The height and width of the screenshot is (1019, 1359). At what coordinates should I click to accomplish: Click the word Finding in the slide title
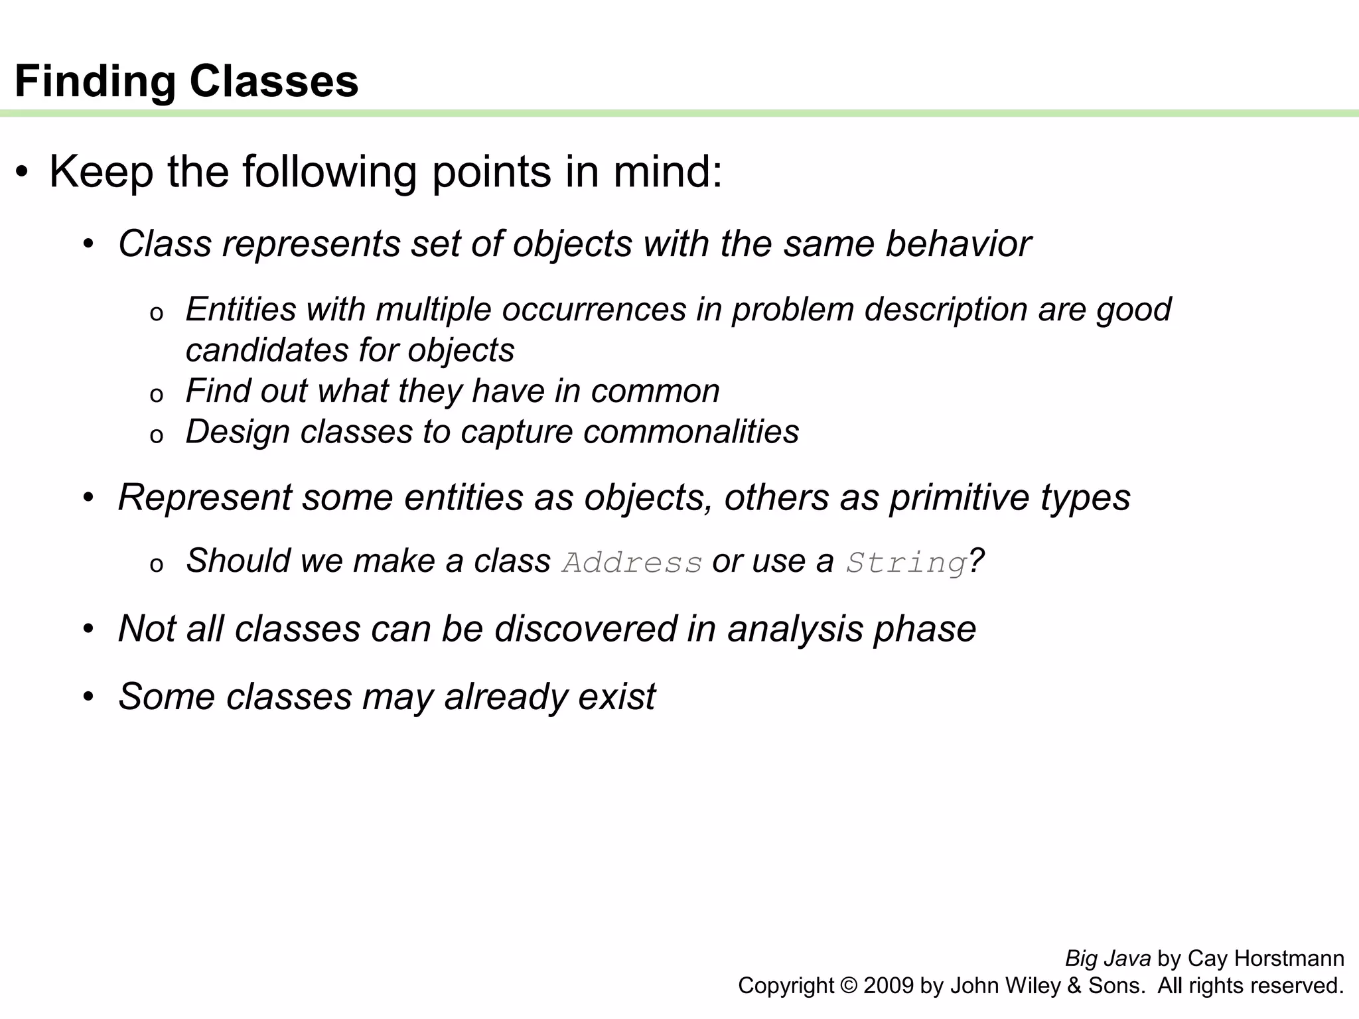pos(95,82)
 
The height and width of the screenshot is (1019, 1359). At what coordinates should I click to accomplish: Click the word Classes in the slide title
pos(273,82)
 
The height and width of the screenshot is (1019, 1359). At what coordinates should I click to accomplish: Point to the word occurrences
pos(594,310)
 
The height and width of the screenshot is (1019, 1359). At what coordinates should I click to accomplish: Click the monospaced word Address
pos(632,563)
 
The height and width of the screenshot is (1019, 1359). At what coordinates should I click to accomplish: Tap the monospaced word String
pos(906,563)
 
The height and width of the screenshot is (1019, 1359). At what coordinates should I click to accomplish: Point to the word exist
pos(616,697)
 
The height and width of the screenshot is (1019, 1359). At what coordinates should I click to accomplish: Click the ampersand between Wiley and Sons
pos(1074,986)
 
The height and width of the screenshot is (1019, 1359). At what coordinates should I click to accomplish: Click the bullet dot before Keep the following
pos(23,173)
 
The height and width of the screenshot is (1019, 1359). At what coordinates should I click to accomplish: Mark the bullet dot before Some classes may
pos(89,698)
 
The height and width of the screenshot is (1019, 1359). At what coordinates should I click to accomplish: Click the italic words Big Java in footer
pos(1108,959)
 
